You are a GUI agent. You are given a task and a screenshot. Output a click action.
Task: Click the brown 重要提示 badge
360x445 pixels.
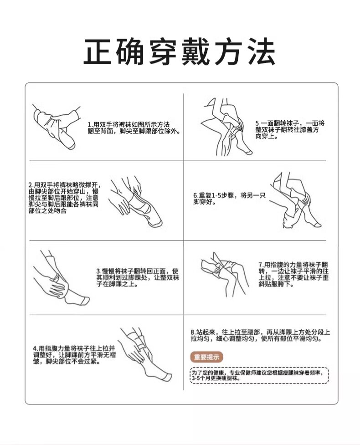point(206,357)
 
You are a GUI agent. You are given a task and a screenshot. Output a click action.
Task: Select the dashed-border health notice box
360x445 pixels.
point(259,375)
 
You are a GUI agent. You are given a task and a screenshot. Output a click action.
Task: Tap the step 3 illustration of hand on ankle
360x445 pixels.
point(61,278)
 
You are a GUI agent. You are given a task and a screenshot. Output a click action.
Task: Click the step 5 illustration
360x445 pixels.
point(226,127)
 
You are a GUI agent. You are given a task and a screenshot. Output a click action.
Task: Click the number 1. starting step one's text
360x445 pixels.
point(91,125)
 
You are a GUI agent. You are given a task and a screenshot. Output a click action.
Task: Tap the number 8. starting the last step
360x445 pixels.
point(193,332)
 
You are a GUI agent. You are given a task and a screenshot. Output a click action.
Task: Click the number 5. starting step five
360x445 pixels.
point(258,123)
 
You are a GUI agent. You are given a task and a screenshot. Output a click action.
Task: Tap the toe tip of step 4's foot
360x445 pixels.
point(171,376)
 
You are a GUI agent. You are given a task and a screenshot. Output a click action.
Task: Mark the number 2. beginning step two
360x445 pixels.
point(31,185)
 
